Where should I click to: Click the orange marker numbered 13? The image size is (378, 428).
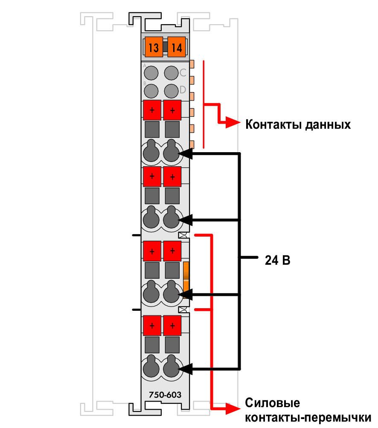(x=154, y=47)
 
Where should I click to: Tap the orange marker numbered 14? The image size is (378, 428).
(x=177, y=47)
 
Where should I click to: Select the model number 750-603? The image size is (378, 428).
(x=165, y=395)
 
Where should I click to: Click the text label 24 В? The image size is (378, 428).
(x=277, y=260)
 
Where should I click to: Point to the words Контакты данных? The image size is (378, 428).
(x=298, y=124)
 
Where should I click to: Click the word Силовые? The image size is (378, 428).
(x=272, y=402)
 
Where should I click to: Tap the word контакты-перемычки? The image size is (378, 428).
(x=308, y=418)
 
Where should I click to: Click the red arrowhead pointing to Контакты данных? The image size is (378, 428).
(x=233, y=123)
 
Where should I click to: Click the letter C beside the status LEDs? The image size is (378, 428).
(x=183, y=72)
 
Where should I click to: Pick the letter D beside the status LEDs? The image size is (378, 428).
(x=183, y=90)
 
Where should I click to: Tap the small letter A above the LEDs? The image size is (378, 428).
(x=145, y=66)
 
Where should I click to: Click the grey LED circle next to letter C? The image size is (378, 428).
(x=171, y=73)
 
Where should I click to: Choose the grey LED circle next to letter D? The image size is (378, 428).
(x=171, y=91)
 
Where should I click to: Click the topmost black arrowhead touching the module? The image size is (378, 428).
(x=185, y=154)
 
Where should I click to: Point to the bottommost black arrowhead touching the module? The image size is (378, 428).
(x=185, y=369)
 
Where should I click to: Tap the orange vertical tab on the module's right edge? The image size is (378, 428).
(x=186, y=276)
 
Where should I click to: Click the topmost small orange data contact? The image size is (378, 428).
(x=192, y=64)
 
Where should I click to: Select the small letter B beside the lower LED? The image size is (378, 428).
(x=145, y=83)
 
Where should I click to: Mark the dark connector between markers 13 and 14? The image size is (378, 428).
(x=165, y=47)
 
